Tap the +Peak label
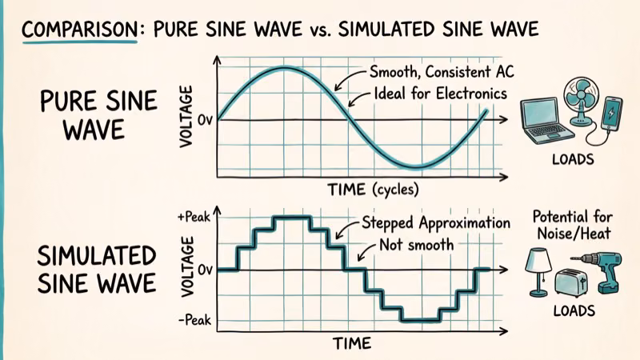[x=194, y=218]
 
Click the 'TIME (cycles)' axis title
[x=373, y=190]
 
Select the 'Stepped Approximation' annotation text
[x=436, y=223]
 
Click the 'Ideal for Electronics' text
[x=441, y=94]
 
